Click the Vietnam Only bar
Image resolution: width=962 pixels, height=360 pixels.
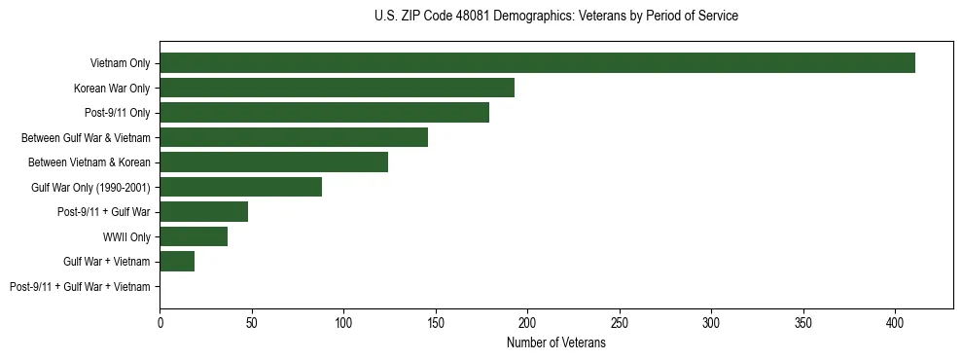(537, 63)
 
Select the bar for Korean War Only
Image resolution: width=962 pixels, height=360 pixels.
(337, 88)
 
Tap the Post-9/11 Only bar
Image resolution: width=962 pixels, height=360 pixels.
(324, 113)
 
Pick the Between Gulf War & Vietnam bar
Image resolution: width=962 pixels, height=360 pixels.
(294, 137)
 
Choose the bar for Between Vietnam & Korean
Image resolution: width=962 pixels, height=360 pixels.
(273, 162)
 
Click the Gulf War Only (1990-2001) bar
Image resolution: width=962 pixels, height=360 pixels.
(240, 187)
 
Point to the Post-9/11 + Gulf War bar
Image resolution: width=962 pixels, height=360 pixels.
(203, 211)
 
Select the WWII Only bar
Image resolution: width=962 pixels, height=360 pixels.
(194, 236)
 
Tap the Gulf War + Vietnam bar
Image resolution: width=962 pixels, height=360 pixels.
(177, 261)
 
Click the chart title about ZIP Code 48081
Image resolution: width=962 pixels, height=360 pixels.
(555, 17)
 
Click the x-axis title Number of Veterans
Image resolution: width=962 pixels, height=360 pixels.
(555, 343)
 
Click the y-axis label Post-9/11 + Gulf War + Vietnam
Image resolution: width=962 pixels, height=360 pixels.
(80, 286)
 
